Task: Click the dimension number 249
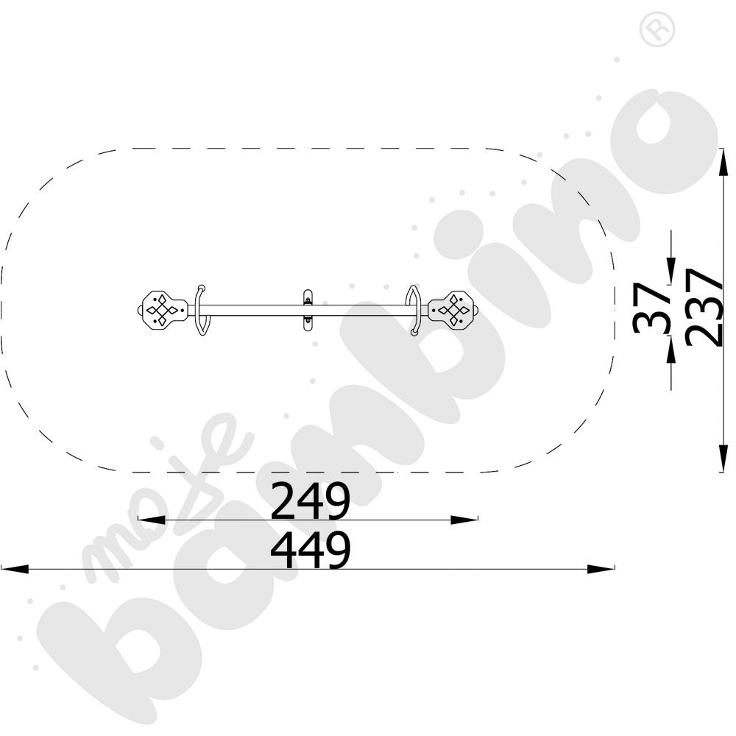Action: [311, 500]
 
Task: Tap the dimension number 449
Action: [311, 550]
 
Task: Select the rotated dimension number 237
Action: [703, 307]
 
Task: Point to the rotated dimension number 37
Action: [651, 308]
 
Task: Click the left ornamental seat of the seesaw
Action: [162, 309]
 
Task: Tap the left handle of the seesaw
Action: [202, 311]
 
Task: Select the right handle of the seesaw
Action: [414, 311]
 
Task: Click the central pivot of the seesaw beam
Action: [308, 311]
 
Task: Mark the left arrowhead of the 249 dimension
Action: [151, 520]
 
